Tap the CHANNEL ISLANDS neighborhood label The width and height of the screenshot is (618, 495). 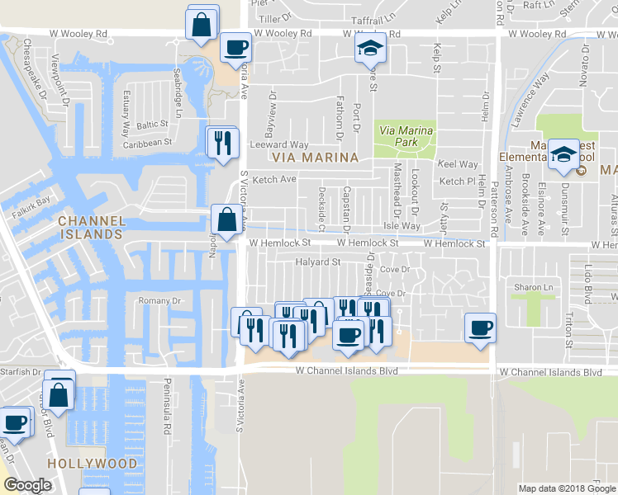point(92,228)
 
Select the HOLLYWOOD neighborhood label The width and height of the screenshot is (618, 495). point(92,464)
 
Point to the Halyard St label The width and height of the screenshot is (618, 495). point(318,262)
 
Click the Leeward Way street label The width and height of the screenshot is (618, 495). point(279,145)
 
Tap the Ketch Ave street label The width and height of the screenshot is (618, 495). point(273,179)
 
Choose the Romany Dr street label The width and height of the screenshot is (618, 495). point(159,300)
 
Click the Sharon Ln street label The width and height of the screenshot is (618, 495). point(533,287)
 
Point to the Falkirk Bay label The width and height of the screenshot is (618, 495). point(31,200)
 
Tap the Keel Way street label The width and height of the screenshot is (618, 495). point(458,165)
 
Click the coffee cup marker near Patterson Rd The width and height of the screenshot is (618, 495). point(479,328)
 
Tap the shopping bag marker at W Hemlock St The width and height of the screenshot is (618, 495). point(227,219)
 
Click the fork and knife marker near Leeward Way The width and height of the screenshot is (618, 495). point(221,141)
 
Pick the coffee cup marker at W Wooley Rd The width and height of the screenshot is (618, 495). point(236,46)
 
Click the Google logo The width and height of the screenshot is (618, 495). point(26,485)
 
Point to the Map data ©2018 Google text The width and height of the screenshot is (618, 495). point(566,488)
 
